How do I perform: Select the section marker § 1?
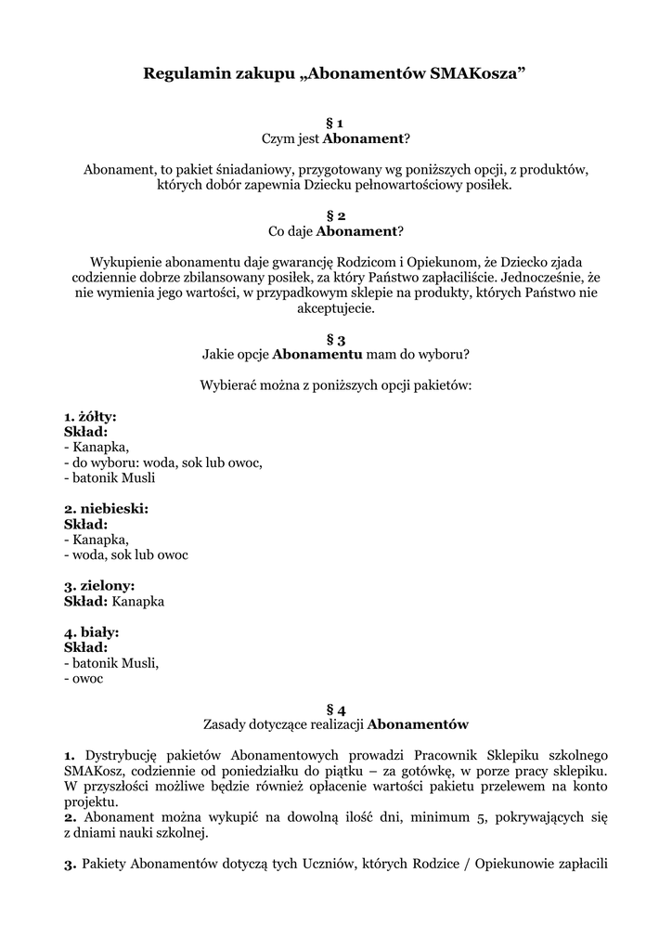[335, 123]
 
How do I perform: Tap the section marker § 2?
[335, 215]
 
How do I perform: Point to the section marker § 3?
[335, 339]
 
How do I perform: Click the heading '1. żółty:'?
[90, 417]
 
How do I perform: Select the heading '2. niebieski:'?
[106, 509]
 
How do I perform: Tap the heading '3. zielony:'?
[99, 585]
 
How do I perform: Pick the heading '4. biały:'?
[92, 632]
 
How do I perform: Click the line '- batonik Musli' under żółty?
[110, 478]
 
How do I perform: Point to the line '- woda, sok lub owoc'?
[126, 554]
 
